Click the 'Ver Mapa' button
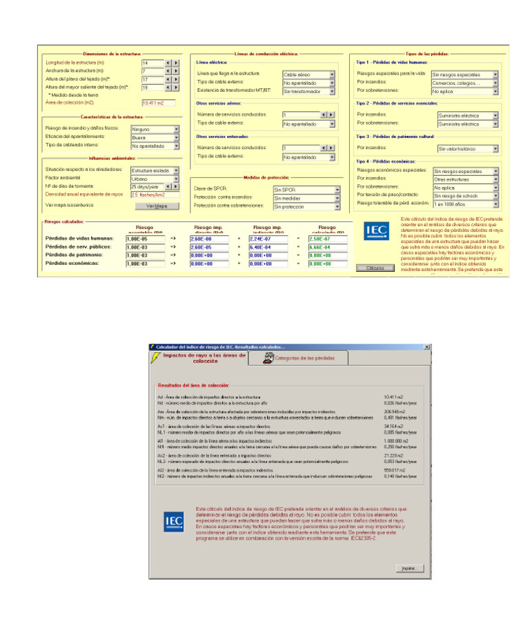tap(157, 206)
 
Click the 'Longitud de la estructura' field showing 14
tap(152, 63)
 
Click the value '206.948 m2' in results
tap(395, 410)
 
